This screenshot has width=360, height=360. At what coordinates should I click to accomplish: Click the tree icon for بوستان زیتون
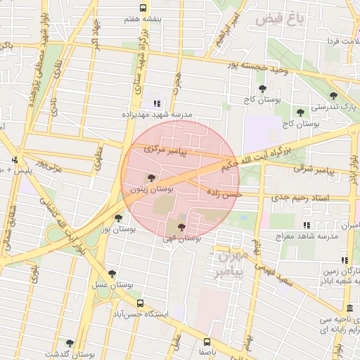pyautogui.click(x=149, y=178)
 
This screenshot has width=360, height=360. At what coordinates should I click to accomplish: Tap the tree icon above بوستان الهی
pyautogui.click(x=182, y=227)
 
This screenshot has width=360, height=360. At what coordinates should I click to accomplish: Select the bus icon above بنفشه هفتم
pyautogui.click(x=143, y=8)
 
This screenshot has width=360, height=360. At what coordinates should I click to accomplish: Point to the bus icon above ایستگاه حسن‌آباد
pyautogui.click(x=141, y=303)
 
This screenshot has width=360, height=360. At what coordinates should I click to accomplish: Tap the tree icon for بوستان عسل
pyautogui.click(x=112, y=274)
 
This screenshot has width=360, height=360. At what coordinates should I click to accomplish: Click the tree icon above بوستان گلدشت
pyautogui.click(x=69, y=343)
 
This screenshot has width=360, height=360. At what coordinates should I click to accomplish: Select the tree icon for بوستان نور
pyautogui.click(x=117, y=218)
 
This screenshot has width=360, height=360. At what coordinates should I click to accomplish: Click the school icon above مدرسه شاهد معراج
pyautogui.click(x=306, y=225)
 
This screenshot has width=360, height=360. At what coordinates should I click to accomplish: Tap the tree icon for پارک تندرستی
pyautogui.click(x=333, y=96)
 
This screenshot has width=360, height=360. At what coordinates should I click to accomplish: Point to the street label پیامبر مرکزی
pyautogui.click(x=162, y=150)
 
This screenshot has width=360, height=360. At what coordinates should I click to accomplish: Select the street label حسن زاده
pyautogui.click(x=224, y=192)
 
